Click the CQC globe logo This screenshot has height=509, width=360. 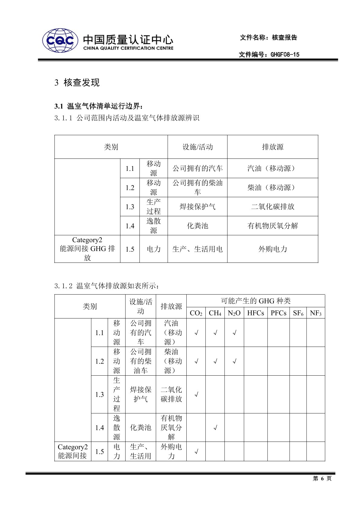tap(60, 41)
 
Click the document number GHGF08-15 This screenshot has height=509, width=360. tap(285, 54)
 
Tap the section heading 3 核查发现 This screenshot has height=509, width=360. tap(77, 82)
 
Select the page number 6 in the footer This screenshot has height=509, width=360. tap(322, 478)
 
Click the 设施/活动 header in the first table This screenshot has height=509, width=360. tap(198, 147)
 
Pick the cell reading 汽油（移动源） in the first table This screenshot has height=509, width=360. tap(272, 168)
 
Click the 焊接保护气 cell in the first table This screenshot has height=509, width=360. tap(198, 207)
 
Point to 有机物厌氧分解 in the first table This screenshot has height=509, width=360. tap(272, 226)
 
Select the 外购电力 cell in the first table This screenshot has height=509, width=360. tap(272, 249)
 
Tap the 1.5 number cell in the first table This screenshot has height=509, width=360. tap(130, 249)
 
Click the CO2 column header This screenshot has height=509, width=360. tap(196, 313)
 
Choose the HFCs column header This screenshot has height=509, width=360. tap(255, 313)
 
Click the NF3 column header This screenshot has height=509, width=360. tap(316, 313)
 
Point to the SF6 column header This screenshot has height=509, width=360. tap(298, 313)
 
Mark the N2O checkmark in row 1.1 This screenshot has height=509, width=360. tap(234, 333)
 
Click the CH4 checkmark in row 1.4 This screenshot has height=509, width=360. tap(215, 428)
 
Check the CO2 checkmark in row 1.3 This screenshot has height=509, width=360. tap(196, 394)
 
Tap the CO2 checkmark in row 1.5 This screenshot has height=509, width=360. tap(196, 452)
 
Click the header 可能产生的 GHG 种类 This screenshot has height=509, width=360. tap(256, 301)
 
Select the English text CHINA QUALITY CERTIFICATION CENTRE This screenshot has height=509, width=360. tap(128, 48)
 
